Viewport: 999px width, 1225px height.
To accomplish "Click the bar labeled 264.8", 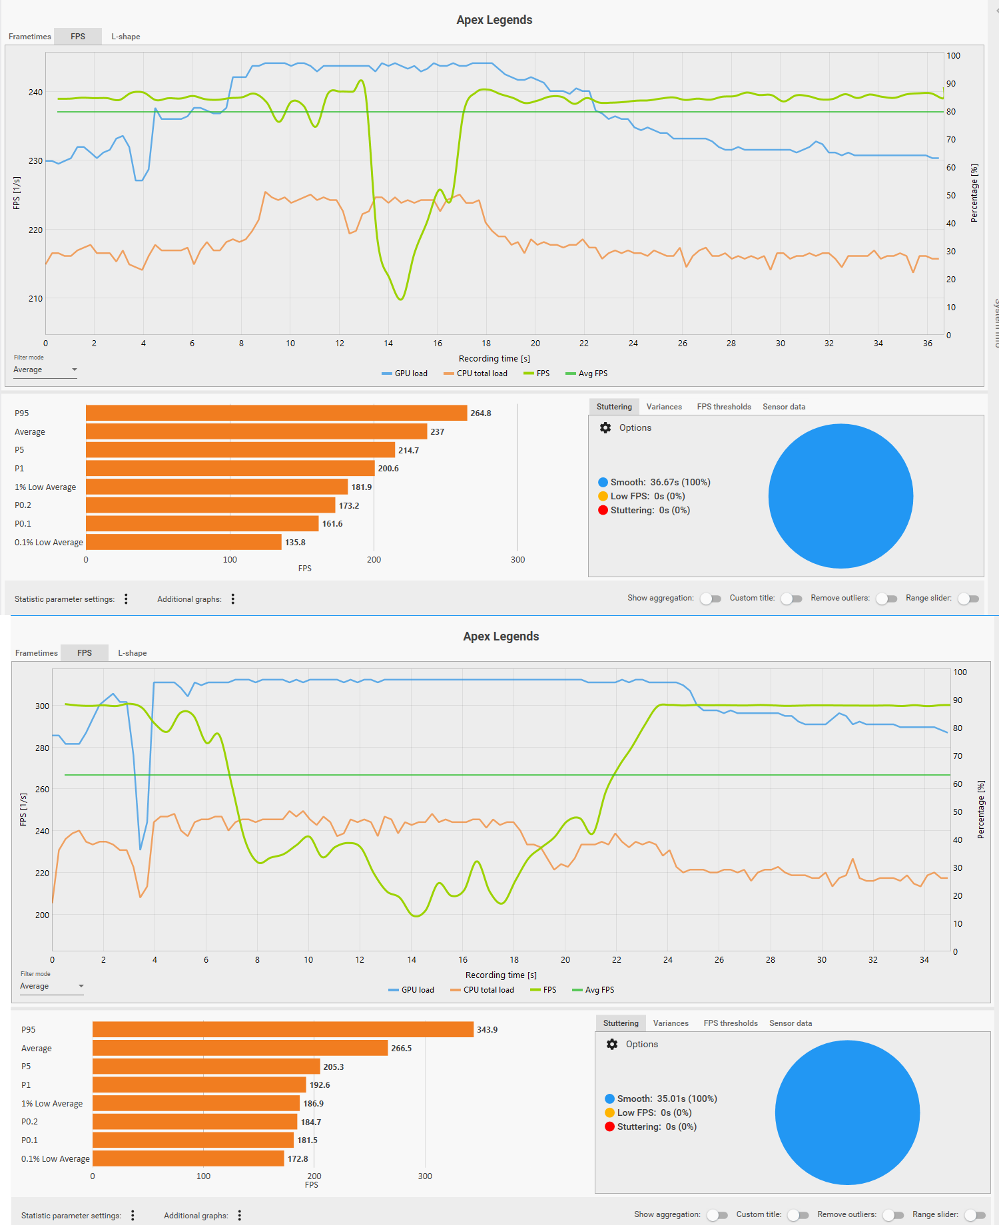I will tap(276, 413).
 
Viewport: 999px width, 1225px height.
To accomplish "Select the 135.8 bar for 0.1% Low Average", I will tap(184, 543).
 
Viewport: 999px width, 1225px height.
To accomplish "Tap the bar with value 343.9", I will tap(283, 1030).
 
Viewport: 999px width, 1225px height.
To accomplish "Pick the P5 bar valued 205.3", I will tap(206, 1067).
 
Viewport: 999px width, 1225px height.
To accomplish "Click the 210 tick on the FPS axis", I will tap(35, 299).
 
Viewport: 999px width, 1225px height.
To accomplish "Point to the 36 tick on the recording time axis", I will tap(928, 344).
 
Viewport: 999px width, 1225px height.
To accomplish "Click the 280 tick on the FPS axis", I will tap(42, 748).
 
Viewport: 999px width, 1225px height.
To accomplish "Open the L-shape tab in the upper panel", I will tap(125, 37).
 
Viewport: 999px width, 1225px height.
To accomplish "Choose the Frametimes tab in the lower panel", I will tap(37, 653).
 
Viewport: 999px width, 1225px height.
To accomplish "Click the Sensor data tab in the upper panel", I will tap(784, 407).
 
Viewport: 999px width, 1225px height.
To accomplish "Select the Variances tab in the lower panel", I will tap(671, 1023).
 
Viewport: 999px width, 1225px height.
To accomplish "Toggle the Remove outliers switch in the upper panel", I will tap(886, 599).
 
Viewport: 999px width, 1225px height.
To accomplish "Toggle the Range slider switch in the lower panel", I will tap(975, 1215).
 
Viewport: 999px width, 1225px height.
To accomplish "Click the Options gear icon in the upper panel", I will tap(605, 428).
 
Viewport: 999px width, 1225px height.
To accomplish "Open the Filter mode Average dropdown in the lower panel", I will tap(52, 987).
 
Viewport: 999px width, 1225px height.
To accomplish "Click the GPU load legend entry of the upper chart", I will tap(405, 373).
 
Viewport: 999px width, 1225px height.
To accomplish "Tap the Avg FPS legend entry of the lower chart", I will tap(593, 990).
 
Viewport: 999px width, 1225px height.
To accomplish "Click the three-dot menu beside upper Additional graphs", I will tap(233, 599).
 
